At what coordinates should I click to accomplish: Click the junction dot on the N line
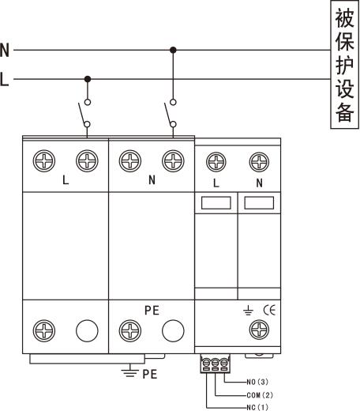[173, 50]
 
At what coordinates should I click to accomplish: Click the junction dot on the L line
[88, 79]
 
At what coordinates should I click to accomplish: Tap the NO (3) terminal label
[257, 382]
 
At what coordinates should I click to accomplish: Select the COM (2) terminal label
[260, 395]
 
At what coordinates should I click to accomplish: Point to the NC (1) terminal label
[257, 407]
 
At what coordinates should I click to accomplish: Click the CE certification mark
[269, 310]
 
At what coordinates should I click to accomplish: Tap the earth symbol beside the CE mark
[248, 311]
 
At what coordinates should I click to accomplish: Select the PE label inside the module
[152, 311]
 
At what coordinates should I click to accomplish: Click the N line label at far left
[5, 50]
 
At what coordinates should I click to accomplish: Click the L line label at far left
[4, 79]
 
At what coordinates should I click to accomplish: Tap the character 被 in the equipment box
[344, 18]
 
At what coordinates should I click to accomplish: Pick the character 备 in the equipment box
[344, 111]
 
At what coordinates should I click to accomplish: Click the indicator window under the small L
[216, 203]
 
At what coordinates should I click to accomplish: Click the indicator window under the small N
[259, 203]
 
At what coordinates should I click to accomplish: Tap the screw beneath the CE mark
[259, 330]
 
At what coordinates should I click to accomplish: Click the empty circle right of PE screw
[173, 330]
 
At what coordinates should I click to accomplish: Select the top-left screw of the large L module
[44, 160]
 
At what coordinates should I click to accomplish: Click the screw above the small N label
[259, 162]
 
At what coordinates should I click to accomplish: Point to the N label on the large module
[152, 180]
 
